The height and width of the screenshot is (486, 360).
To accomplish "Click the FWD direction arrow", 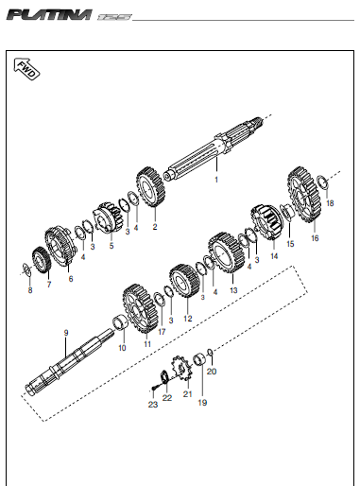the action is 26,68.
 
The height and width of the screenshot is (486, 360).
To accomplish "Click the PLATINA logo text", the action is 49,15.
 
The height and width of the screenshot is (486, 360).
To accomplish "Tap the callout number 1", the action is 216,180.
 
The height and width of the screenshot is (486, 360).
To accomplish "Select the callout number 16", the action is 315,238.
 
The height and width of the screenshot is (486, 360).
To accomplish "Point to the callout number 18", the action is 330,203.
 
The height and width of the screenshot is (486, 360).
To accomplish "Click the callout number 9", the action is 66,333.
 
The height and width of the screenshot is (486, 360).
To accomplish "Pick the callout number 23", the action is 153,405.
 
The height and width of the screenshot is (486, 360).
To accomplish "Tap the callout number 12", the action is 188,319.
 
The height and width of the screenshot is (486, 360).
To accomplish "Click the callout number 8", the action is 30,290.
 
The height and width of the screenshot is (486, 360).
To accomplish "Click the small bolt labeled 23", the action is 154,389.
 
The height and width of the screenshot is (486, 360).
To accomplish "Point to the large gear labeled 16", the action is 304,194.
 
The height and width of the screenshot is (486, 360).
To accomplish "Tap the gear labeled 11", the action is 140,308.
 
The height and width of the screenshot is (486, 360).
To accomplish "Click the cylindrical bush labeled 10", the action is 121,323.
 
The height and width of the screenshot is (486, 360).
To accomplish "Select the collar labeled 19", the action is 199,359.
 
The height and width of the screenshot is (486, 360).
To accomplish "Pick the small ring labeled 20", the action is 210,352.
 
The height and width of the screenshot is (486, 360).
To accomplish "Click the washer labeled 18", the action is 322,182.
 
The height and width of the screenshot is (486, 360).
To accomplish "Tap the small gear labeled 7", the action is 42,260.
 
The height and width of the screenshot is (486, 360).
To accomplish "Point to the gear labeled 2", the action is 150,186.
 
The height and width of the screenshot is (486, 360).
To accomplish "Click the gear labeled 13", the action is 226,252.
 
